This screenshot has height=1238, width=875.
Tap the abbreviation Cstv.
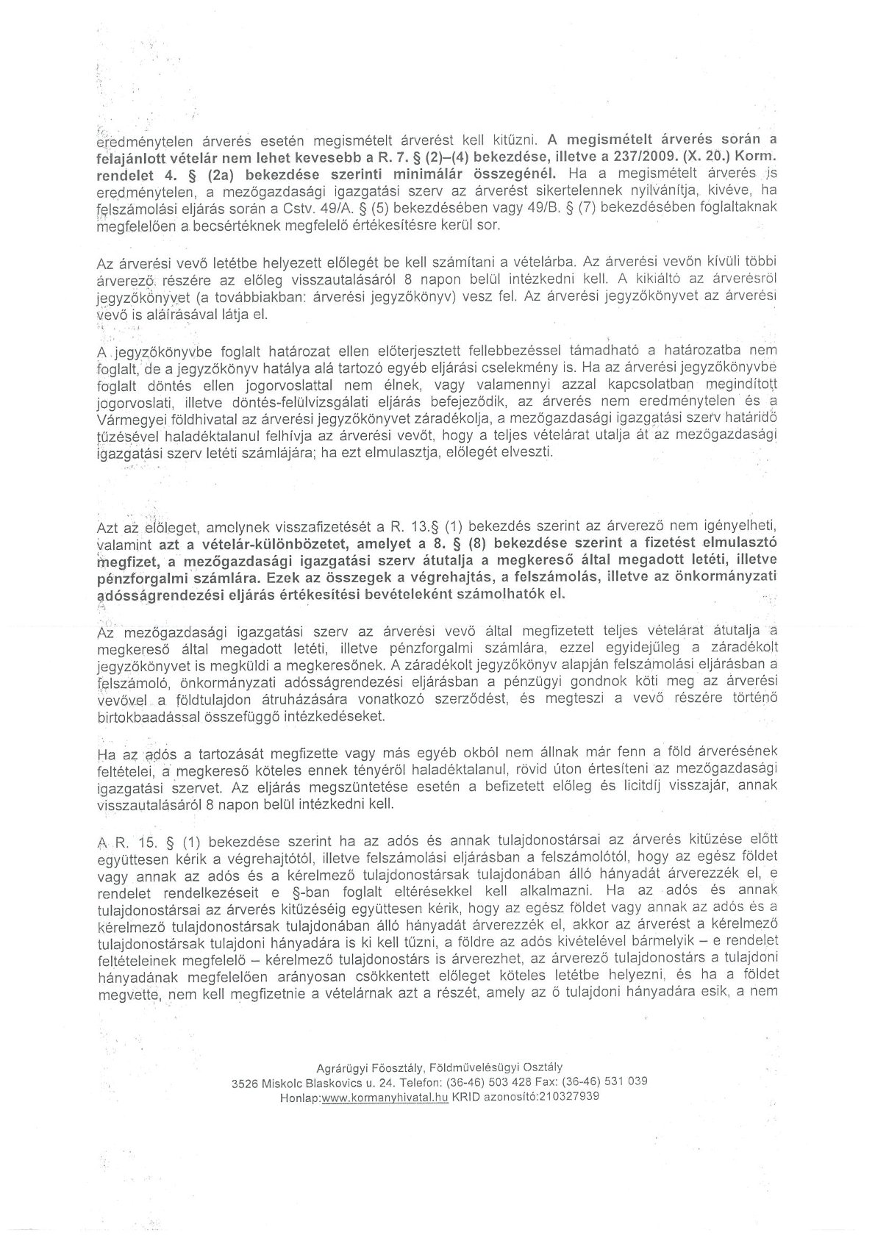282,207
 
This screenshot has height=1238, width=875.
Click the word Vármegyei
127,419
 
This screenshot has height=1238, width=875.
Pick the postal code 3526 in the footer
243,1081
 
